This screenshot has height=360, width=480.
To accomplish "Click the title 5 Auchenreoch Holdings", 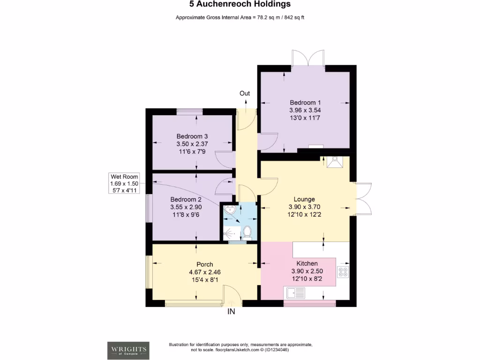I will point(240,4).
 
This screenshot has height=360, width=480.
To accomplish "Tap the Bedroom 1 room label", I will point(305,103).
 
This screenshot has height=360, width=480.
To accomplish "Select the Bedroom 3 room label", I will point(192,136).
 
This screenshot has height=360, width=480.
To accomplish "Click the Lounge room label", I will point(304,199).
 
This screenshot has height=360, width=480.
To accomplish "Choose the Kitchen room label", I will point(307,264).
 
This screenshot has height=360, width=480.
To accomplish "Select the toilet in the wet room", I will point(247,232).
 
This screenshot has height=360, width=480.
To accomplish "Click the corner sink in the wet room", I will point(230,211).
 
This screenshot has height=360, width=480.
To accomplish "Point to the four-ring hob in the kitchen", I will point(343,272).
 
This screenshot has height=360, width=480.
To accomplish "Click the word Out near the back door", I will point(245,93).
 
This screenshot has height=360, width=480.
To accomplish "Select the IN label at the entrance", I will point(231,311).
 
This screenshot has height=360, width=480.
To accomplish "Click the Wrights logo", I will point(129,350).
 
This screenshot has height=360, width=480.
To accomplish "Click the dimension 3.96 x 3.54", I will point(305,110).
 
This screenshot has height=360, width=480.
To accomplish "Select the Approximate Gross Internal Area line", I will point(240,17).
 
